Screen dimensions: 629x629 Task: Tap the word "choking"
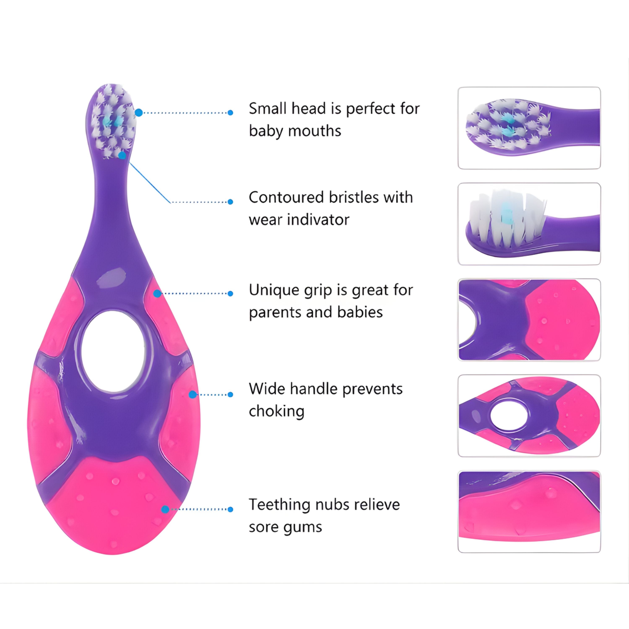click(276, 411)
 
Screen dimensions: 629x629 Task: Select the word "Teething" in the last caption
click(277, 505)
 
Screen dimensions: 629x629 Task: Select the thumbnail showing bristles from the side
click(529, 224)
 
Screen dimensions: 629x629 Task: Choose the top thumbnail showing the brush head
click(529, 128)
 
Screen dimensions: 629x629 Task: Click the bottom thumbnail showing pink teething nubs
click(529, 511)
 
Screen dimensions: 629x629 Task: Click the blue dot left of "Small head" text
click(230, 113)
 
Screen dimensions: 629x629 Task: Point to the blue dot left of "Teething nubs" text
click(230, 509)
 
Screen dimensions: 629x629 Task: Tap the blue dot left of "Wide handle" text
click(230, 395)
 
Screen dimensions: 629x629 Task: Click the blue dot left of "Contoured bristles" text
click(230, 202)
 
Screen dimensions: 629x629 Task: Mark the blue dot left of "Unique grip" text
click(230, 294)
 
